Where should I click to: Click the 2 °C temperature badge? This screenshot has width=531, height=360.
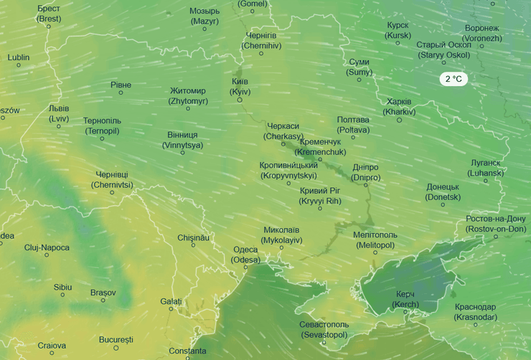point(454,79)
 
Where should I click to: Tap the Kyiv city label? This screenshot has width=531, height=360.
point(240,87)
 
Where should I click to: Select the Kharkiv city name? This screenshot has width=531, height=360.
point(399,106)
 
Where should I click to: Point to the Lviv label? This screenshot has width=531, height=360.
point(59,113)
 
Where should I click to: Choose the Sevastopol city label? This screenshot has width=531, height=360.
point(324,329)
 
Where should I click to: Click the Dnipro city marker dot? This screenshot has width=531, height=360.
point(365,184)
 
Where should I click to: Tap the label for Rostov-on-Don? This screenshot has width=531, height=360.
point(496,223)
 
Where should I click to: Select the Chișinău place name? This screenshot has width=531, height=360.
point(193,237)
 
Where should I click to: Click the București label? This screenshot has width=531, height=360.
point(116,339)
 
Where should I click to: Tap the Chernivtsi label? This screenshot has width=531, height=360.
point(112,179)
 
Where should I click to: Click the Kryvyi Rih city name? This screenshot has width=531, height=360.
point(320,196)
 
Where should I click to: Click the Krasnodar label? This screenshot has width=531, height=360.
point(475,312)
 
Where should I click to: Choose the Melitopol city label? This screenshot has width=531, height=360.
point(375,240)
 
